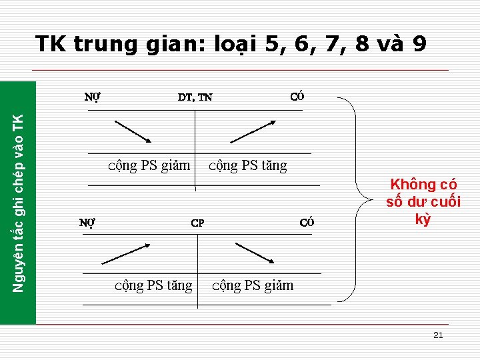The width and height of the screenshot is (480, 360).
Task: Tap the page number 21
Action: point(438,335)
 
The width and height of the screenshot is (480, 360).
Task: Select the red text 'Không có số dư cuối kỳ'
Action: point(423,201)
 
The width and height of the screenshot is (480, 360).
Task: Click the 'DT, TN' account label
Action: point(195,97)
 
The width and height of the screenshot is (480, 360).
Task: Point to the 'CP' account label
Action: point(197,223)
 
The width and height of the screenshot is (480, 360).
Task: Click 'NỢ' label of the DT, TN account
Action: point(93,96)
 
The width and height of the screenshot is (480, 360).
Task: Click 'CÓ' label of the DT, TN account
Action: point(298,96)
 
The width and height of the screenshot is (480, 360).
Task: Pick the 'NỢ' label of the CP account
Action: point(87,223)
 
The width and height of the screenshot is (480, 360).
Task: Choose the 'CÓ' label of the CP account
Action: point(307,223)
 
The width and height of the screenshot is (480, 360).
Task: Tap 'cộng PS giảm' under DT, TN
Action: point(149,165)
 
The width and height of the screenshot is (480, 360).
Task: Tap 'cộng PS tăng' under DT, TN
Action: point(248,165)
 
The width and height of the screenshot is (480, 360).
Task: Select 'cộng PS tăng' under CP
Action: point(153,285)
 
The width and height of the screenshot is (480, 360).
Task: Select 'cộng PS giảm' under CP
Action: point(253,285)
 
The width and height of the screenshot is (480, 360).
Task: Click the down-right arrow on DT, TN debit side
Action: point(133,131)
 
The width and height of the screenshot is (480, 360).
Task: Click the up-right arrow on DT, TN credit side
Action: point(253,131)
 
